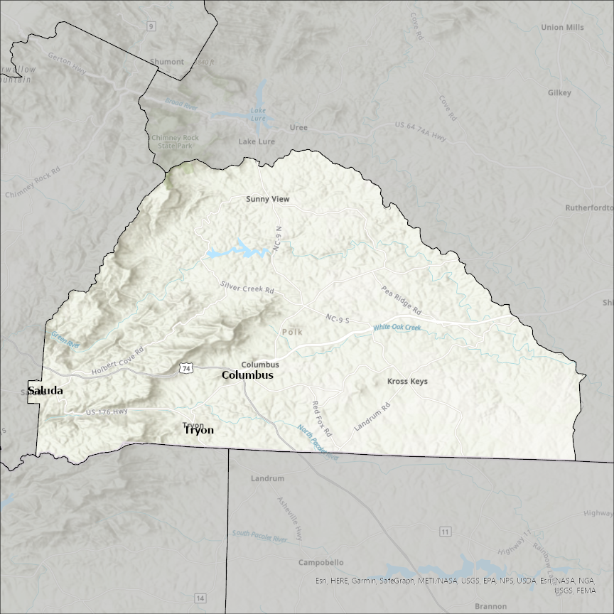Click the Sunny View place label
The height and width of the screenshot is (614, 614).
(x=267, y=199)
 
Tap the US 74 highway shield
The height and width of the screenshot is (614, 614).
(x=185, y=368)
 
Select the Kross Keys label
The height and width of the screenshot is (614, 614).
(x=407, y=382)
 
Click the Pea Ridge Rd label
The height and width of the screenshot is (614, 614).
(x=402, y=301)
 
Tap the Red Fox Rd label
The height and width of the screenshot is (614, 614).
(x=322, y=418)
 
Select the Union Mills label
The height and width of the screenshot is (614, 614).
(x=562, y=28)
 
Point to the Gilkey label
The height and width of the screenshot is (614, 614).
(x=559, y=93)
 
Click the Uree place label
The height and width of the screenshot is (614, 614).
(x=298, y=128)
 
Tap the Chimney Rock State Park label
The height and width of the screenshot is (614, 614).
(x=171, y=141)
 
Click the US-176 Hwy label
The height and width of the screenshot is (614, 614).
(x=107, y=412)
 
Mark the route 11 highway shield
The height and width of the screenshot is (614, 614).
(x=446, y=532)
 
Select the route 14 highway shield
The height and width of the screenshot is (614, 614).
(x=200, y=598)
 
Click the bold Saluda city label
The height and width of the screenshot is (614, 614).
(x=45, y=391)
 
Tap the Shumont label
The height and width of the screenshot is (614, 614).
(x=166, y=62)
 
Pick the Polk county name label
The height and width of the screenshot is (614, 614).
(x=292, y=332)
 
